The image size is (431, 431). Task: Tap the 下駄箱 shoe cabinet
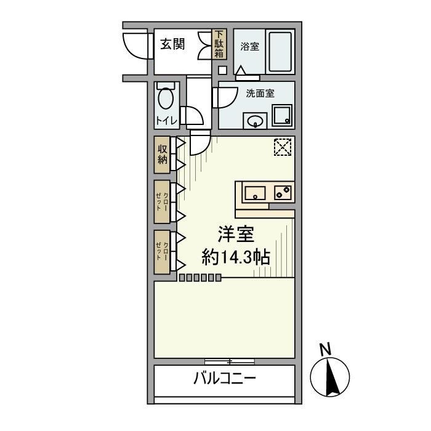click(x=220, y=44)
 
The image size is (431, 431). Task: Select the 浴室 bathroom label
click(x=249, y=46)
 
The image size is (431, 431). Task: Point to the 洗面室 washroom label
click(x=260, y=94)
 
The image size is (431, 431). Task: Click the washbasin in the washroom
click(x=255, y=121)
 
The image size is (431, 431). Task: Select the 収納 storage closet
click(x=162, y=154)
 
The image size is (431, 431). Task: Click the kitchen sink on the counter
click(x=255, y=193)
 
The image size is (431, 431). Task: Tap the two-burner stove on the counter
click(x=283, y=193)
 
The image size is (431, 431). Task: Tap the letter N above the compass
click(x=326, y=349)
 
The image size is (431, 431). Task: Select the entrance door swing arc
click(x=135, y=44)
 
